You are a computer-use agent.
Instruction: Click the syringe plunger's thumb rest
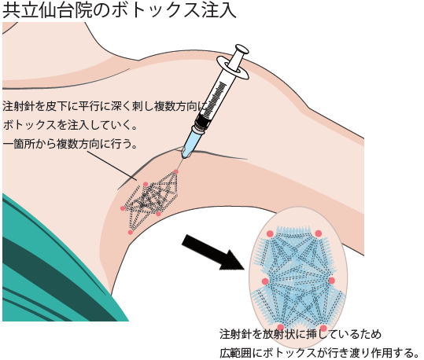pos(241,50)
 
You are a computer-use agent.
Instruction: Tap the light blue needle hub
pos(193,142)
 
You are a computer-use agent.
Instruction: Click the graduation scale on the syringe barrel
pos(215,98)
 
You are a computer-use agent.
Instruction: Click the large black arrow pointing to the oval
pos(213,252)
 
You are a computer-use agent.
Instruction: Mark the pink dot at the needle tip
pos(176,171)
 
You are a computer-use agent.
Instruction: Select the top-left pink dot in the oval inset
pos(270,233)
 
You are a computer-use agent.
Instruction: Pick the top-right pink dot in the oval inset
pos(319,233)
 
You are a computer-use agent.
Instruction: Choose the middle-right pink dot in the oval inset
pos(332,281)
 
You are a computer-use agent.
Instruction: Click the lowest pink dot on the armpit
pos(131,233)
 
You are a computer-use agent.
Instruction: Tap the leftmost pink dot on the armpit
pos(123,208)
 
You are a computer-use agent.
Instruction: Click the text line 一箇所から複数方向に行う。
pos(70,144)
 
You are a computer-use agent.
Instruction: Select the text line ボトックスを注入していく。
pos(70,125)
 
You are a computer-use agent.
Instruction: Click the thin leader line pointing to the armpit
pos(112,166)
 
